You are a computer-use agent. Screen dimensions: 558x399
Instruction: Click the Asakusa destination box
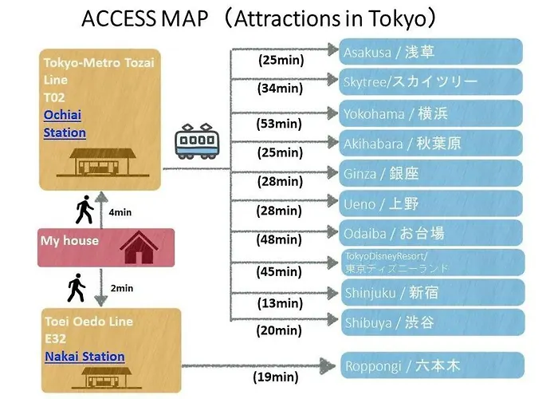pos(430,52)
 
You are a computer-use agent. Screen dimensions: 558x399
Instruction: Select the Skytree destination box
pos(430,81)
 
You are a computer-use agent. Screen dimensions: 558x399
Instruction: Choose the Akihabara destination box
pos(430,143)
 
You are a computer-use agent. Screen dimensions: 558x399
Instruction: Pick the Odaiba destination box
pos(430,233)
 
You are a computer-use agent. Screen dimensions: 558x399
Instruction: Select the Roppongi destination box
pos(433,365)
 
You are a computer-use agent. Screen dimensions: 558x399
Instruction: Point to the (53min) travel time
pos(279,124)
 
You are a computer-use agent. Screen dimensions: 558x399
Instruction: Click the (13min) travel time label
pos(280,303)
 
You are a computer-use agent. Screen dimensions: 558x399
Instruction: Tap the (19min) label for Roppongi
pos(276,377)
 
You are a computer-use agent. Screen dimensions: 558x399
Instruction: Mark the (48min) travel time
pos(279,239)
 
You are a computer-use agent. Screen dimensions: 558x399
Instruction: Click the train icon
pos(197,141)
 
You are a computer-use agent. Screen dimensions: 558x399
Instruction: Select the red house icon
pos(139,247)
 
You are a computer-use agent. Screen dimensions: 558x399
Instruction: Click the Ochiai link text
pos(62,115)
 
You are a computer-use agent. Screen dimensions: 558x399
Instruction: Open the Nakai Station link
pos(84,356)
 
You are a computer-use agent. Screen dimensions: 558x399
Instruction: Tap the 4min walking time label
pos(120,212)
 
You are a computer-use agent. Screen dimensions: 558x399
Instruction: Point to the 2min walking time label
pos(122,288)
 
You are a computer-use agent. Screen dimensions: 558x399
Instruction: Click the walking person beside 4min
pos(84,209)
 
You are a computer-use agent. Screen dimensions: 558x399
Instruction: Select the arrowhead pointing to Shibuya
pos(333,319)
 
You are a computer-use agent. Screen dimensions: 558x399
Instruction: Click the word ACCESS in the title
pos(119,18)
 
